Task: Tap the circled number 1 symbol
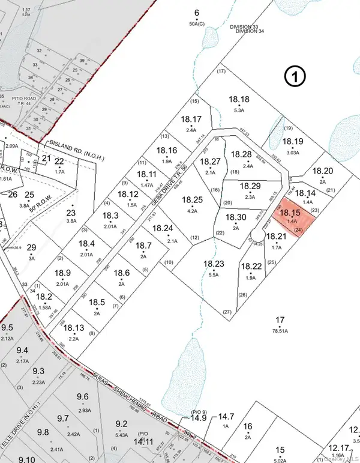pos(295,76)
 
